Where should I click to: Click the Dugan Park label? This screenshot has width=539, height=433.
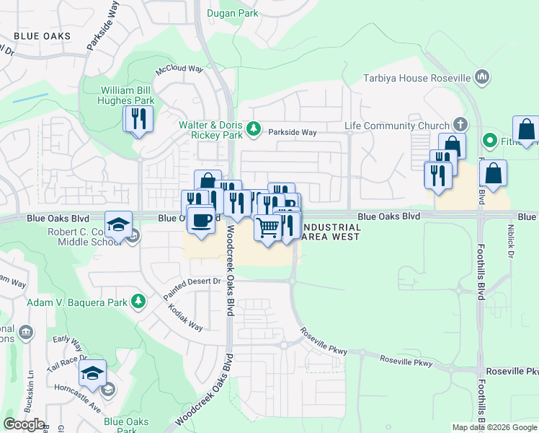click(231, 13)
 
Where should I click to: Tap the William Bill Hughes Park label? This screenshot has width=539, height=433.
click(127, 95)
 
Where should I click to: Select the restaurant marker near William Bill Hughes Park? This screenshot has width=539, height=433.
click(138, 119)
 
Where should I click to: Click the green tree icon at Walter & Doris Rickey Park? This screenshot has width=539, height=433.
click(253, 128)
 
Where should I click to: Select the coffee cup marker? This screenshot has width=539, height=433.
click(201, 219)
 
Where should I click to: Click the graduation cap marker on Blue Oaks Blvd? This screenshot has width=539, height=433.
click(118, 224)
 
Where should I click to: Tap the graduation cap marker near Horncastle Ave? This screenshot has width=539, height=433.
click(92, 374)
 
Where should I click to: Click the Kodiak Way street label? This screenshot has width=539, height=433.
click(185, 317)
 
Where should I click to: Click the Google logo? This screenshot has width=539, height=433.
click(24, 424)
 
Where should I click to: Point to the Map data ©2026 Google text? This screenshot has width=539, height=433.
click(495, 427)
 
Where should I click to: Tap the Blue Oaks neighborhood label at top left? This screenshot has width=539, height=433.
click(43, 36)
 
